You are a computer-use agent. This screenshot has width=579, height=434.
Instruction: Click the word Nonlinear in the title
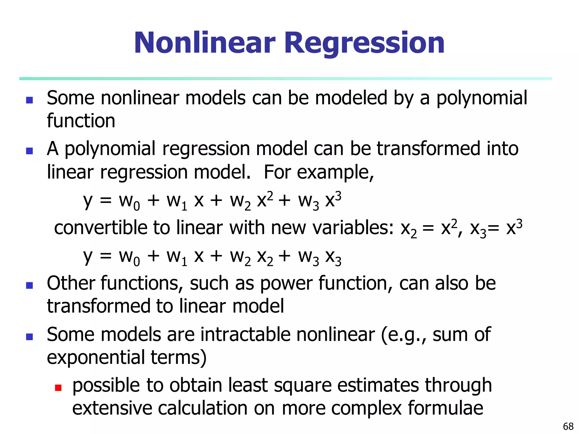(x=204, y=43)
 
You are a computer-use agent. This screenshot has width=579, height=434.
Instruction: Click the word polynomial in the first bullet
(x=482, y=98)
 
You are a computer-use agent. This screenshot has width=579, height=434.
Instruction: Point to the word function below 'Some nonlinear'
(x=81, y=121)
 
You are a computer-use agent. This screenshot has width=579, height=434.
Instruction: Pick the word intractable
(x=245, y=335)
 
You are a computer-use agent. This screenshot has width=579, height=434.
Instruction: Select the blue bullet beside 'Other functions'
(x=29, y=285)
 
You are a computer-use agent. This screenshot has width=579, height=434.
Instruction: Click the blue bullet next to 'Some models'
(x=29, y=337)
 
